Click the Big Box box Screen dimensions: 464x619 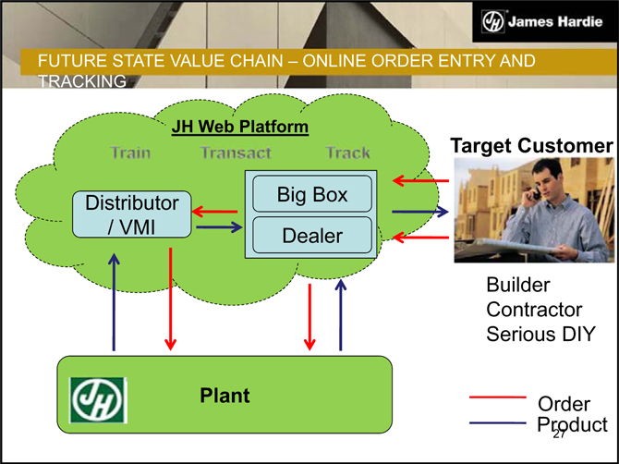[312, 195]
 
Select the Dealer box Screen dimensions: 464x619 [312, 236]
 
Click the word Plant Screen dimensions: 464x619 [225, 396]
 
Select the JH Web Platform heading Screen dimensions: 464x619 [239, 126]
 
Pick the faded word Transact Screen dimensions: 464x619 [237, 153]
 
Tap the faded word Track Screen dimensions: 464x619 [347, 153]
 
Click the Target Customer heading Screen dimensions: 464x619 [531, 146]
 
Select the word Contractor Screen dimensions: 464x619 [534, 309]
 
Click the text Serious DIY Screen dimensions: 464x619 [540, 333]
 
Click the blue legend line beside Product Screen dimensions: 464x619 [498, 422]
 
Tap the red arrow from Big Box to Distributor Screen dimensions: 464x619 [216, 212]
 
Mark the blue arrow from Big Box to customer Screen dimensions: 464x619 [419, 212]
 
